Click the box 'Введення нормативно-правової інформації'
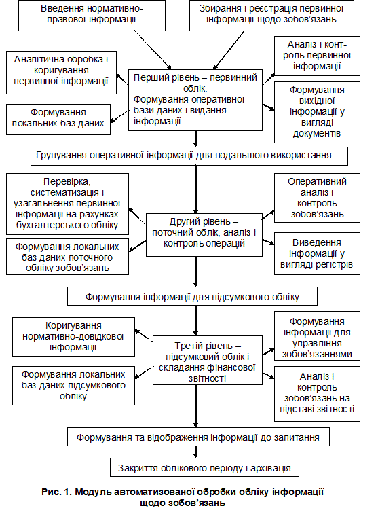click(x=92, y=16)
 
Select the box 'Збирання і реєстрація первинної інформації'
click(x=271, y=16)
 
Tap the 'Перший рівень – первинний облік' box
click(x=195, y=100)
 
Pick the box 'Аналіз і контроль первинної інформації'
click(x=317, y=56)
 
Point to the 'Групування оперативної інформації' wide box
click(x=189, y=156)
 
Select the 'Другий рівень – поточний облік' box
click(x=204, y=235)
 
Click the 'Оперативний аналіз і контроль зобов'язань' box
click(x=317, y=198)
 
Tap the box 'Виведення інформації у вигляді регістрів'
click(x=317, y=254)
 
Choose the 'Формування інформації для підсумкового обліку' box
click(x=192, y=296)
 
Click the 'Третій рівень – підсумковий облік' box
click(x=208, y=360)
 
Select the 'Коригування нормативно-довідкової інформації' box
click(x=73, y=337)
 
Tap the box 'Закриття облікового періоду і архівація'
click(x=204, y=467)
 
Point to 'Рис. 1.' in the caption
click(x=56, y=492)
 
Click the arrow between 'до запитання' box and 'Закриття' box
click(x=196, y=452)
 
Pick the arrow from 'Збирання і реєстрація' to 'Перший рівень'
click(x=229, y=50)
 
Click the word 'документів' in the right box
click(x=317, y=134)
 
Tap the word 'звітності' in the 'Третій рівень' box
click(x=208, y=378)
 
